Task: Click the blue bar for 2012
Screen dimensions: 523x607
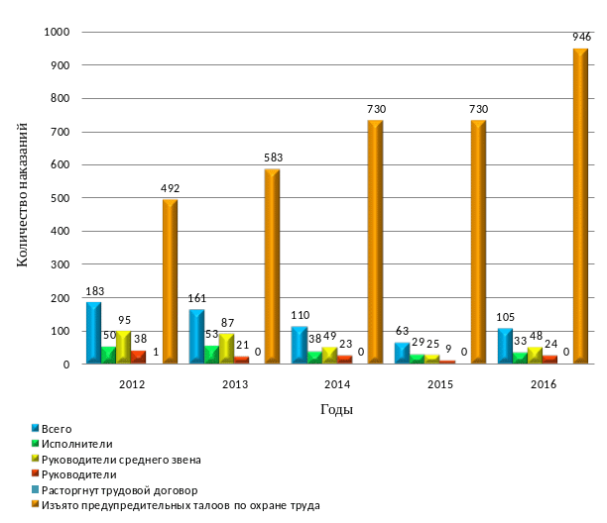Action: point(93,333)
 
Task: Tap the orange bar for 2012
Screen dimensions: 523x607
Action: point(170,281)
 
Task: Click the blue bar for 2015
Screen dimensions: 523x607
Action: point(401,353)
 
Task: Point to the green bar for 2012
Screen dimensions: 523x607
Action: point(109,355)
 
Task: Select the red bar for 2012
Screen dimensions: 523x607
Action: point(139,357)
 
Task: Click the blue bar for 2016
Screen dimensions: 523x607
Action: point(505,346)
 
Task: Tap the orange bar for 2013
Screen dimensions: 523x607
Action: point(272,266)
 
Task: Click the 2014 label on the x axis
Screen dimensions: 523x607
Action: point(337,383)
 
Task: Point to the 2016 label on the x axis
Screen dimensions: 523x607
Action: point(543,383)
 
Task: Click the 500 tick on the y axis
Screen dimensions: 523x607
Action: point(61,198)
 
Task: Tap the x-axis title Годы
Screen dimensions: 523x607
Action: point(337,408)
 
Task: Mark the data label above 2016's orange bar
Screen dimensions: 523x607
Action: point(580,36)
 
